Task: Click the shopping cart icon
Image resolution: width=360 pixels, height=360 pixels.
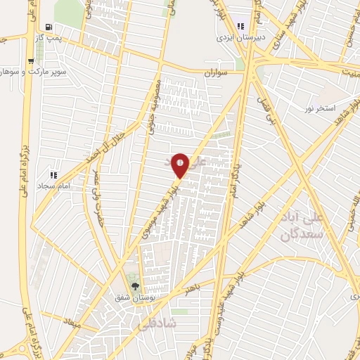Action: point(31,60)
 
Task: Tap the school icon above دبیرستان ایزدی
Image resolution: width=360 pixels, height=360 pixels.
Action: point(241,25)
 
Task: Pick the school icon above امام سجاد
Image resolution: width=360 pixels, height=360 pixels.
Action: point(53,174)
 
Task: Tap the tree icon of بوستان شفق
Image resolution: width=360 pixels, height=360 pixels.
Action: point(135,287)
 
